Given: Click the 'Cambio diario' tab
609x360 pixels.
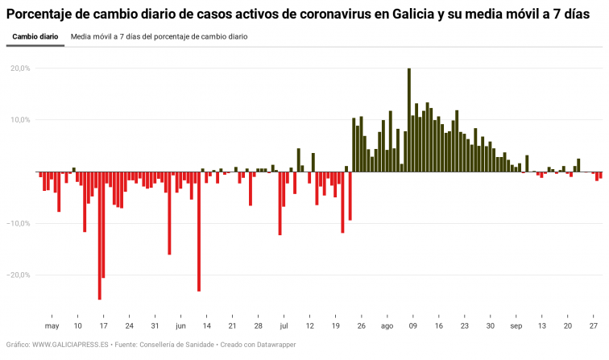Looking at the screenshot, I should coord(35,37).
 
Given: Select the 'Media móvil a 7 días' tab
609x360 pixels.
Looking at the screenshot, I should coord(159,37).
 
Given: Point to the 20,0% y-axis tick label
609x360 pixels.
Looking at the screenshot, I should coord(19,68).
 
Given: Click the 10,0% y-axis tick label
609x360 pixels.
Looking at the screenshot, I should coord(19,120).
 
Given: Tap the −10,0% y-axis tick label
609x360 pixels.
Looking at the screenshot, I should coord(18,223).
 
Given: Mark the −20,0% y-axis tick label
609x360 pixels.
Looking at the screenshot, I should coord(18,275).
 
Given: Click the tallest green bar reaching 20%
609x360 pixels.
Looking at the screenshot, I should coord(409,120).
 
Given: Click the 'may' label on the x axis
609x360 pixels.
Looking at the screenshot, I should coord(52,326).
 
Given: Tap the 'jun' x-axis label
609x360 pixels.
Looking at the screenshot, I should coord(180,326).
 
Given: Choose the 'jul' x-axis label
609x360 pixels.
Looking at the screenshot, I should coord(284,326).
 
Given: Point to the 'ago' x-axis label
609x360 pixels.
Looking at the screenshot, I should coord(387,326).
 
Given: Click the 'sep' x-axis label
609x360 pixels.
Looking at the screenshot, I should coord(516,326).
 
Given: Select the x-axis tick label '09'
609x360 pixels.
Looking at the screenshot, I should coord(412,326).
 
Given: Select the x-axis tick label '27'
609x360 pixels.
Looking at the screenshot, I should coord(594,326).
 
